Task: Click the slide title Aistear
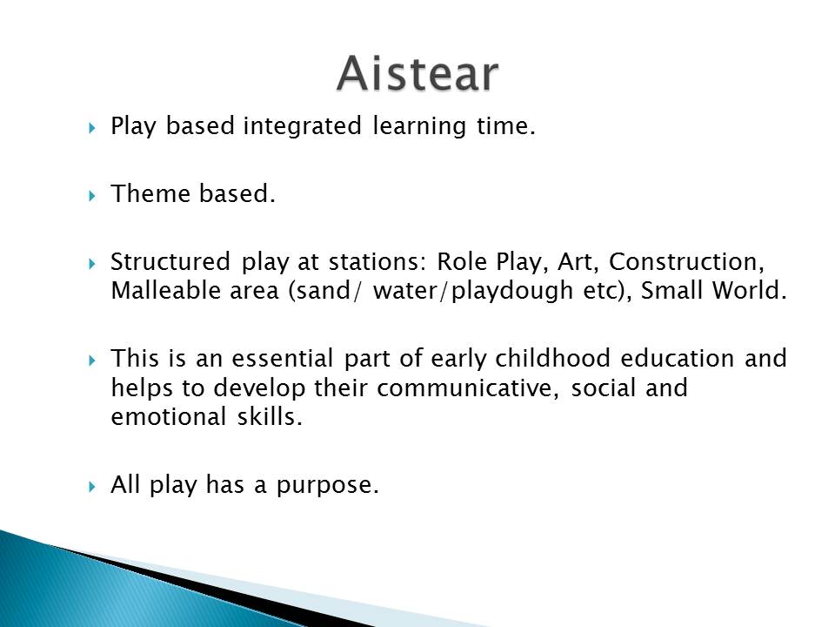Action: point(417,73)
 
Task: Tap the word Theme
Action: point(150,193)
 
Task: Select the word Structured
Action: point(170,261)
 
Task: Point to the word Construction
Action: point(686,262)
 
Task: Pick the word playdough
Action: point(511,291)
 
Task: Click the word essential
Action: point(282,358)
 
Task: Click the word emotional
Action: point(169,416)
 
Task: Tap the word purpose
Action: point(328,486)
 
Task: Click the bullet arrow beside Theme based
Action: point(92,196)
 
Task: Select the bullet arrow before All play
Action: point(92,486)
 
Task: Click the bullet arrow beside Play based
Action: point(92,128)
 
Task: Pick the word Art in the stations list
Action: point(576,262)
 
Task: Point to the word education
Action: point(678,358)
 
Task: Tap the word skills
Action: point(270,416)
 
